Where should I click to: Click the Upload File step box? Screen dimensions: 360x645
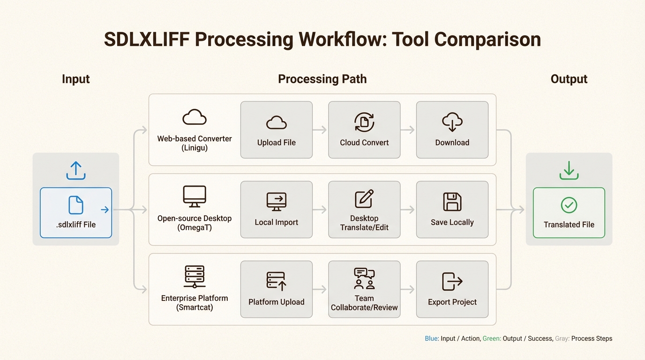click(x=276, y=130)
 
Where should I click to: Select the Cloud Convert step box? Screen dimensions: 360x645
click(x=364, y=130)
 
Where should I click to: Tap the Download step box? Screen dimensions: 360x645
click(x=452, y=130)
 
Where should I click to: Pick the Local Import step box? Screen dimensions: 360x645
click(x=276, y=210)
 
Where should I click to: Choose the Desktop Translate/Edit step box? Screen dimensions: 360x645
click(x=364, y=210)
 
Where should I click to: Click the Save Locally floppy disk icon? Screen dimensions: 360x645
click(x=452, y=202)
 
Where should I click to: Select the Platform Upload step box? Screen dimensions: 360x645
click(x=276, y=289)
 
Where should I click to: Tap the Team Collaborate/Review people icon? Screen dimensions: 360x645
click(x=364, y=279)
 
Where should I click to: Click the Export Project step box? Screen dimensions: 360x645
click(x=452, y=289)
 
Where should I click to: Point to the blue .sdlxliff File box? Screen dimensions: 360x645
click(x=76, y=212)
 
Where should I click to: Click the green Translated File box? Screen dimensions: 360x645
click(x=569, y=212)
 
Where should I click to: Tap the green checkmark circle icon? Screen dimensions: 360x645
click(x=569, y=205)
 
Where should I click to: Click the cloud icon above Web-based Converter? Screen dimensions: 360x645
click(x=195, y=117)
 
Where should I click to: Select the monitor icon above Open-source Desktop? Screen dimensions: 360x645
click(x=195, y=196)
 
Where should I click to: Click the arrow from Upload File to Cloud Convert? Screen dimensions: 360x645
click(x=320, y=130)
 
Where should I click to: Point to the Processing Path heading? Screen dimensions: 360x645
click(x=322, y=79)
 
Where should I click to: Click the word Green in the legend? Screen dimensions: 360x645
click(x=491, y=338)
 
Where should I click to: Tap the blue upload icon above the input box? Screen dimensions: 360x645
click(x=76, y=171)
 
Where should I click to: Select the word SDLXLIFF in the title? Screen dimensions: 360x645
click(x=146, y=39)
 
